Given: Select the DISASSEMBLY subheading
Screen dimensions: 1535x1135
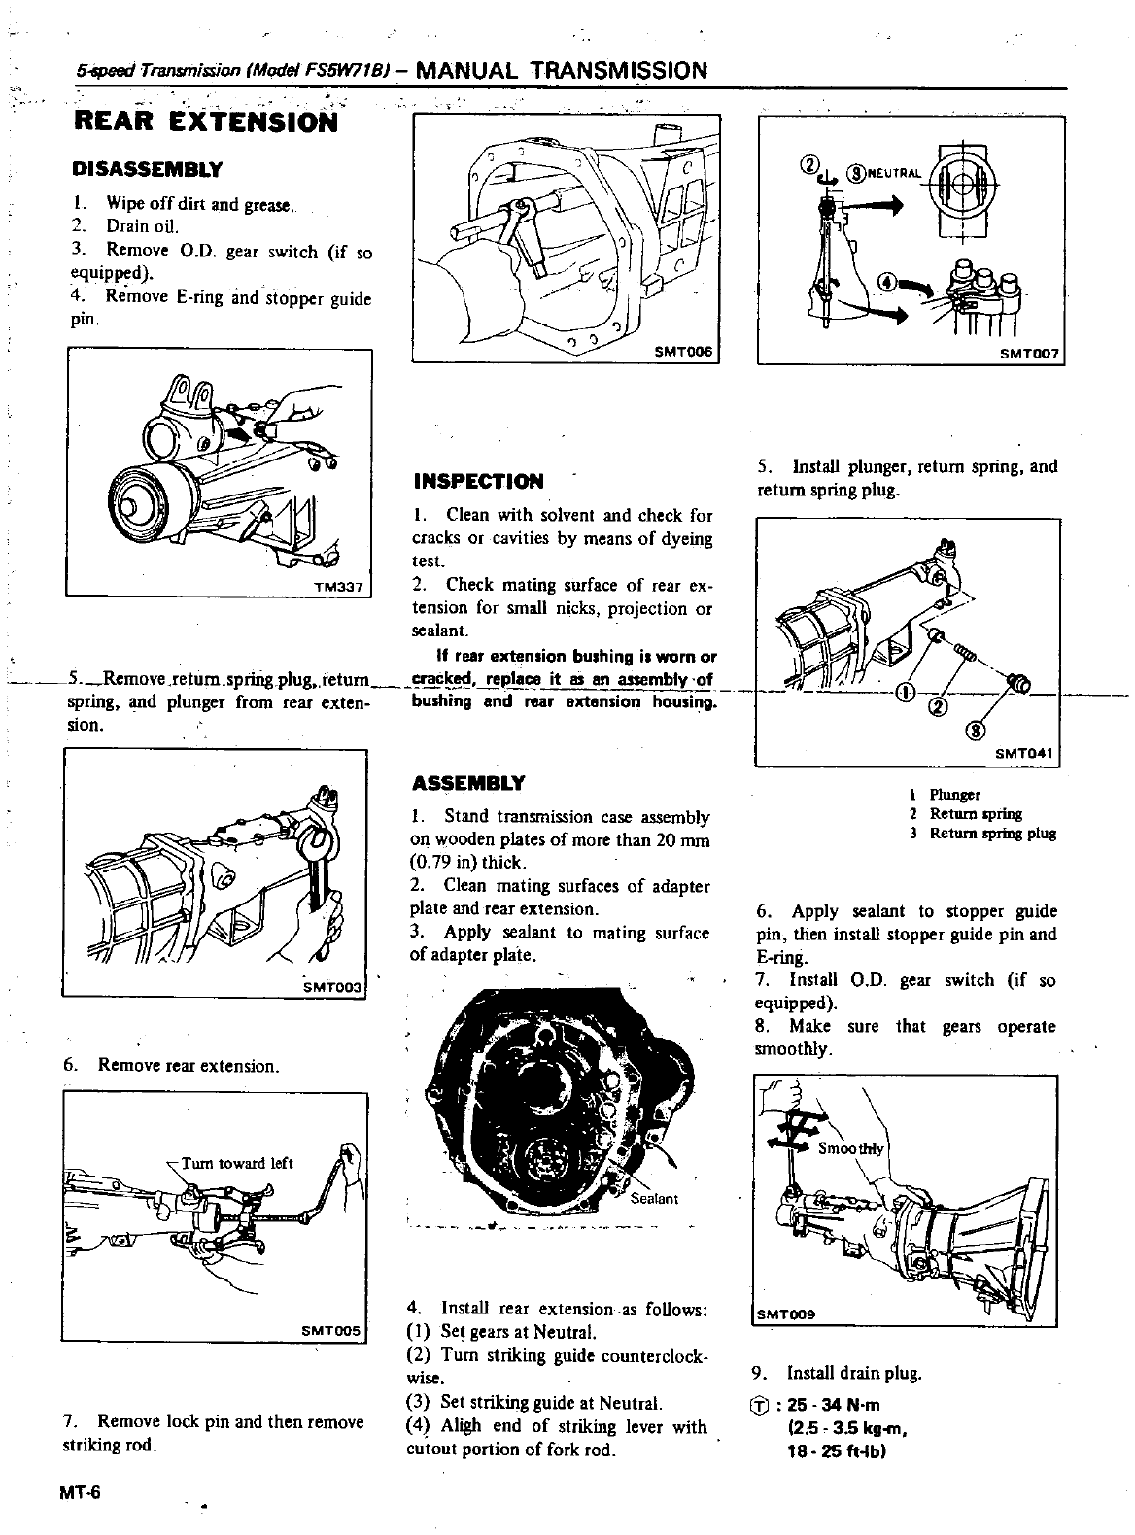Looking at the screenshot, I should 148,170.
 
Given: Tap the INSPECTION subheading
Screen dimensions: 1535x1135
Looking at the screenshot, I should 478,482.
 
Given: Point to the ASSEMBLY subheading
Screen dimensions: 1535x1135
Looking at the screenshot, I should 468,783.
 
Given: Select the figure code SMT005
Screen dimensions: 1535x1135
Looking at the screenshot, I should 330,1330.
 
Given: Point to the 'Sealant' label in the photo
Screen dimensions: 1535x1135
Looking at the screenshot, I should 654,1198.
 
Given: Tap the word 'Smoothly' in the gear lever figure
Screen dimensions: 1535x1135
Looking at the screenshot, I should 851,1148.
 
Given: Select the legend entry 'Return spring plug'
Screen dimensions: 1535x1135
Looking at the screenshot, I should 992,834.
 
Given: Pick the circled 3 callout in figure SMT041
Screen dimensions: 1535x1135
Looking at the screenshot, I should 977,731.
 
